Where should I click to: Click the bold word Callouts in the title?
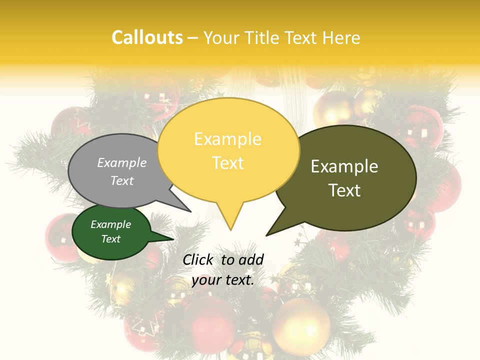click(x=147, y=37)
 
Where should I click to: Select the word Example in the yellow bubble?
click(x=227, y=139)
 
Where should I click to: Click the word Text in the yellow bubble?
click(x=227, y=163)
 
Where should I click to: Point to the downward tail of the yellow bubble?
click(x=230, y=220)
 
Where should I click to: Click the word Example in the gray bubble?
click(x=122, y=162)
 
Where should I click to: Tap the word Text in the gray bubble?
click(x=122, y=180)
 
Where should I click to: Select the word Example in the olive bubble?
click(x=344, y=166)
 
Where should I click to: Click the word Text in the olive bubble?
click(x=344, y=190)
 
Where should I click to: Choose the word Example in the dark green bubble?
click(x=110, y=224)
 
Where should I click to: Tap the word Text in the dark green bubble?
click(x=110, y=239)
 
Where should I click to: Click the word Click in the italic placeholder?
click(x=199, y=259)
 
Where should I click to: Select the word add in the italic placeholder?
click(x=251, y=259)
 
